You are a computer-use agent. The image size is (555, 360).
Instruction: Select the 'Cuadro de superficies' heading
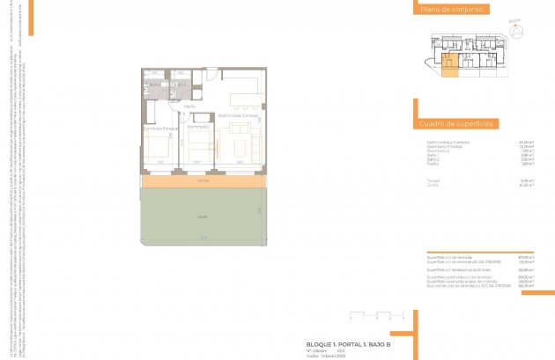click(442, 126)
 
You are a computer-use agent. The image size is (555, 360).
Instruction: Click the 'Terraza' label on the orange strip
click(203, 181)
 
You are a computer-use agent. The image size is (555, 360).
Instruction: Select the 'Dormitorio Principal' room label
click(160, 129)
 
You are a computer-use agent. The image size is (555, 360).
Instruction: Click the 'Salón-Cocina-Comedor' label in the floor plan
click(238, 115)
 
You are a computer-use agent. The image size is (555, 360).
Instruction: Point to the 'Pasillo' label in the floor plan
click(189, 107)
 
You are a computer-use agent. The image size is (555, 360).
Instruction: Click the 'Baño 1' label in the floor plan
click(153, 84)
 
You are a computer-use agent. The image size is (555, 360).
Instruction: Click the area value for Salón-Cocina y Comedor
click(525, 142)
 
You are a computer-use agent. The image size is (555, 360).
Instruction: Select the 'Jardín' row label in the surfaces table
click(433, 185)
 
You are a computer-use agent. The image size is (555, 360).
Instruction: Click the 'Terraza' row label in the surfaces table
click(434, 180)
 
